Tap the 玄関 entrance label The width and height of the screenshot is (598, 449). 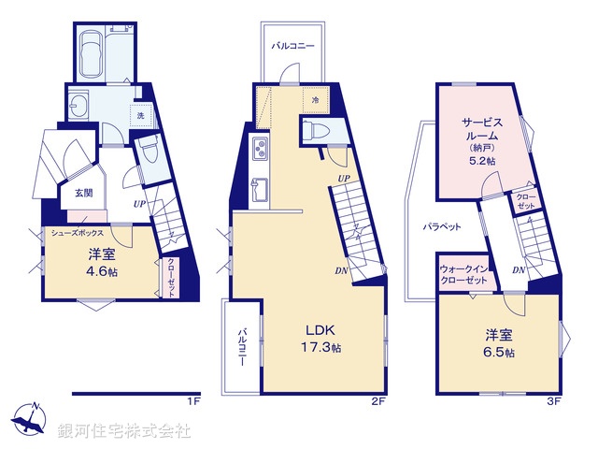point(84,193)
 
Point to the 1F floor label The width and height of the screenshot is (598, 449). point(193,400)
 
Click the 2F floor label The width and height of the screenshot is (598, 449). point(378,400)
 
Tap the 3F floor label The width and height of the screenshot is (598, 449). point(553,400)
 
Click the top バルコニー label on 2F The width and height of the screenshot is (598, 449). point(292,45)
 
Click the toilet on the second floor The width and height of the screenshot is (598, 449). point(314,130)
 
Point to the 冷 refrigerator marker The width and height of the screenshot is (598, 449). point(315,98)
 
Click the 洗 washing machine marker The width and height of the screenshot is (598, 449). point(141,114)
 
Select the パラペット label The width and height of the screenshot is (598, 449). point(437,227)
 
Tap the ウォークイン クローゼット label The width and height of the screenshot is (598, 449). point(464,275)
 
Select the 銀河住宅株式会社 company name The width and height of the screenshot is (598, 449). point(124,431)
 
